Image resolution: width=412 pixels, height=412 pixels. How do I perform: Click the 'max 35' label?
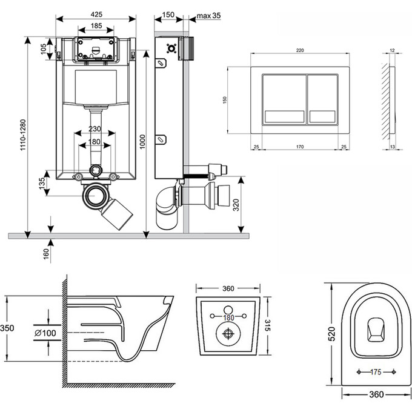click(207, 15)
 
